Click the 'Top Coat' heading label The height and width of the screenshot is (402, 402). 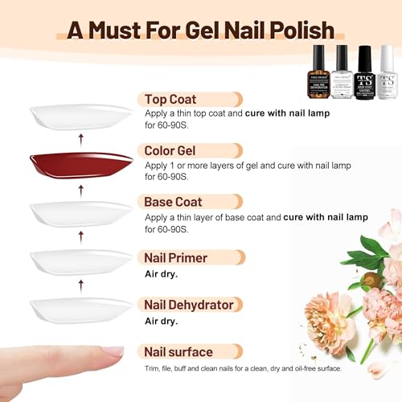(x=172, y=99)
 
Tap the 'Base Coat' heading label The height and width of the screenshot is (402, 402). (x=173, y=202)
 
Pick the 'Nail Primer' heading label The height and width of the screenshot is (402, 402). (x=175, y=257)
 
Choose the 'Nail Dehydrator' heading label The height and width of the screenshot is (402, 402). (x=188, y=305)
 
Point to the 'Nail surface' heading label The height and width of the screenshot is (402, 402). (x=178, y=351)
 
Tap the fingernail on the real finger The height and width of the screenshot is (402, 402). (x=112, y=351)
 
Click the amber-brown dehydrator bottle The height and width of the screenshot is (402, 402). (x=319, y=74)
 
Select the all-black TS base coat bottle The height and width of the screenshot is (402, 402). (x=364, y=74)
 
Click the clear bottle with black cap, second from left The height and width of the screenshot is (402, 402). (x=342, y=74)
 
